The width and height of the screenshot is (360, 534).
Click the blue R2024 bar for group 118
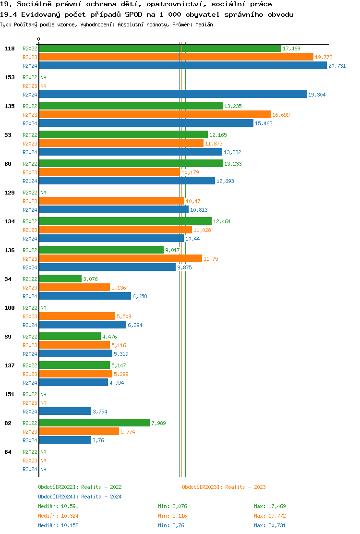[x=182, y=66]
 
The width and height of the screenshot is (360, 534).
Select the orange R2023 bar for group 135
[x=155, y=115]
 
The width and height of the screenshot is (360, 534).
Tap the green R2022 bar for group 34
[x=60, y=279]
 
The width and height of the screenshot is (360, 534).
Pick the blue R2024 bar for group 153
[x=172, y=95]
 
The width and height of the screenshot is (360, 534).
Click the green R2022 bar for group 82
[x=94, y=423]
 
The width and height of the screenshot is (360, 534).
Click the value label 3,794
[x=101, y=412]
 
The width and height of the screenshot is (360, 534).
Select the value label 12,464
[x=222, y=221]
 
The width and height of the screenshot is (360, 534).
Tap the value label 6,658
[x=140, y=296]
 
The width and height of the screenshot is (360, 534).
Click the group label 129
[x=10, y=193]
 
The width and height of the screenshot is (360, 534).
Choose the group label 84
[x=8, y=452]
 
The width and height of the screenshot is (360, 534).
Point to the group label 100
[x=10, y=308]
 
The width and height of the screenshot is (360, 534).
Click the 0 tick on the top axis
[x=39, y=39]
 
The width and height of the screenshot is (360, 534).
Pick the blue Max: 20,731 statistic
[x=270, y=525]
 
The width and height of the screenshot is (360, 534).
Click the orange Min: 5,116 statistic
[x=174, y=516]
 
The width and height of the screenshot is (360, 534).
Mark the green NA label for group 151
[x=43, y=394]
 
